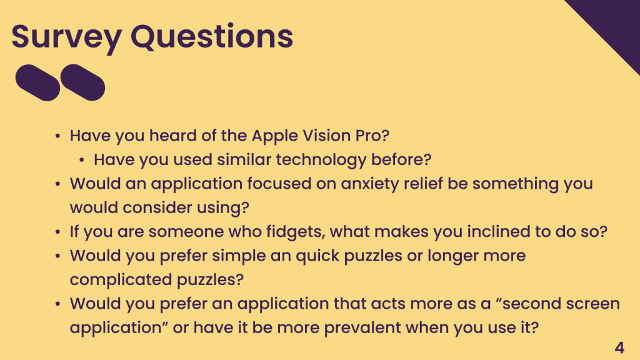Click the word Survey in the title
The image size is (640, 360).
click(x=66, y=37)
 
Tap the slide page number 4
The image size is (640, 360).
click(x=619, y=347)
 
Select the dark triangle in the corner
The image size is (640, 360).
click(x=612, y=24)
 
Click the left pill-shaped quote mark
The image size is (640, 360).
click(x=37, y=82)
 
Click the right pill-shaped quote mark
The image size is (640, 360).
click(x=82, y=82)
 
